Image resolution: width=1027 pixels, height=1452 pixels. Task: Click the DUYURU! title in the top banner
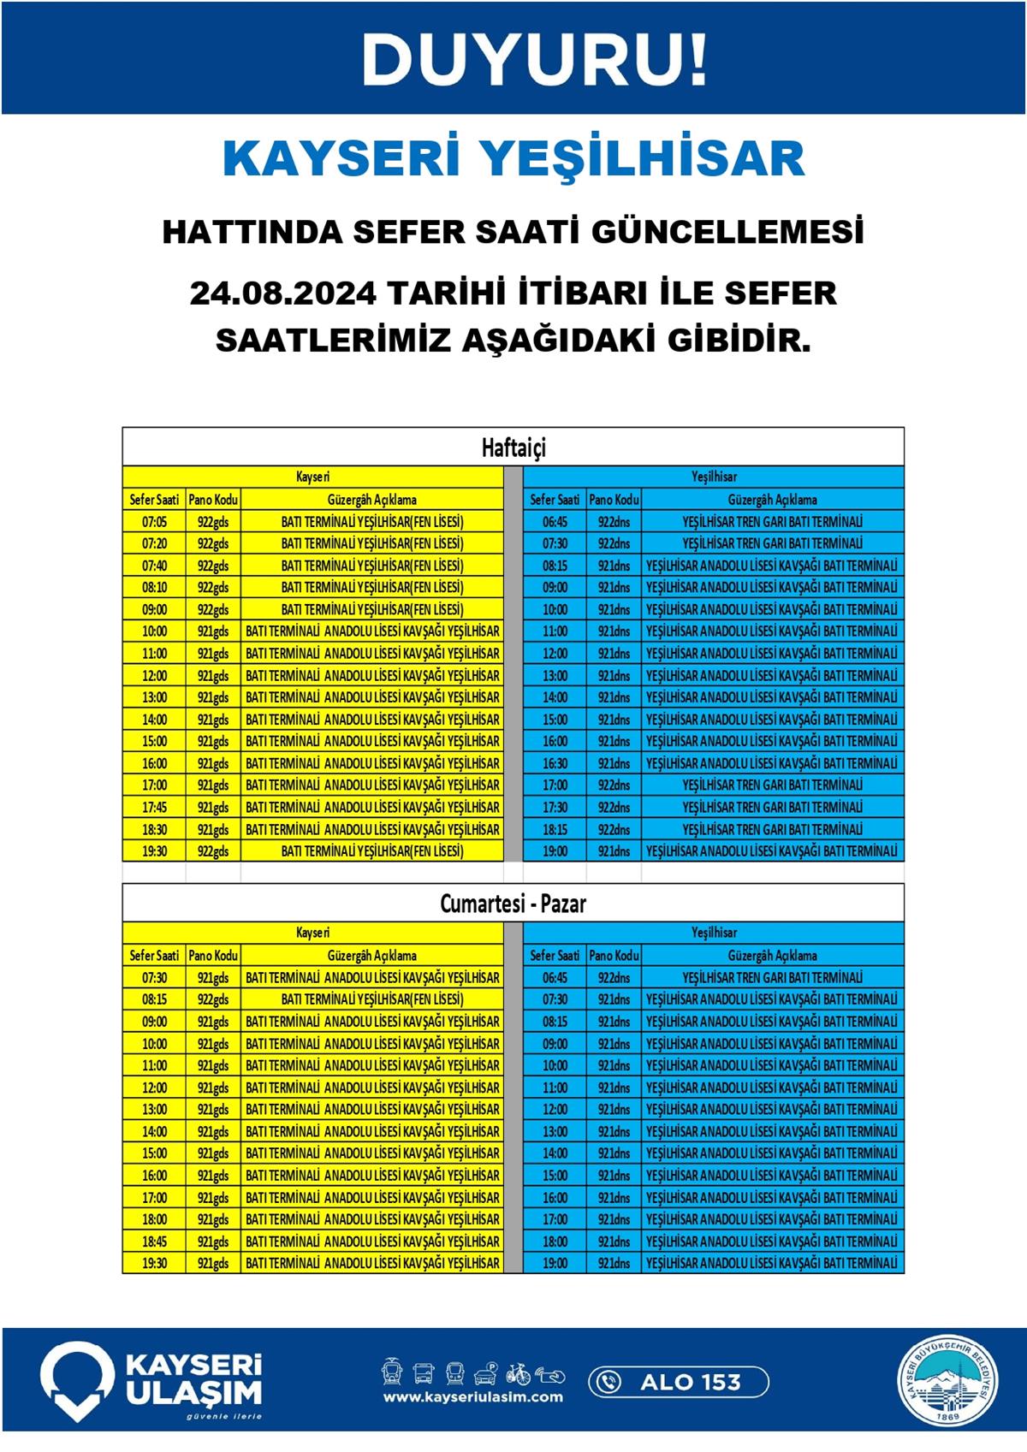tap(535, 61)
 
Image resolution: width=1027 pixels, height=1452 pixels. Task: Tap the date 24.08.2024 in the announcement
tap(283, 293)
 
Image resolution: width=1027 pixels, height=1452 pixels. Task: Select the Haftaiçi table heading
tap(513, 447)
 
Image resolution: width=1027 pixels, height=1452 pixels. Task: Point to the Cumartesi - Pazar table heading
tap(513, 904)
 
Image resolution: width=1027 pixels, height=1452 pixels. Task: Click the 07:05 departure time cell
tap(155, 522)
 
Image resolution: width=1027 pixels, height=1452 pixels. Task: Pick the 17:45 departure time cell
tap(155, 808)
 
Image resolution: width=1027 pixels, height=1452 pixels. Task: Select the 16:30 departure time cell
tap(555, 763)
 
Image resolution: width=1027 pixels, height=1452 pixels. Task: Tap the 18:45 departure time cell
tap(155, 1242)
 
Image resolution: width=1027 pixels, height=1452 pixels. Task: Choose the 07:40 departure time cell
tap(155, 566)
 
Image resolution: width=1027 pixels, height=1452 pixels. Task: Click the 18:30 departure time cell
tap(155, 829)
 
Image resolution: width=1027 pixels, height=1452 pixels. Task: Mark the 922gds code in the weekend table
tap(213, 999)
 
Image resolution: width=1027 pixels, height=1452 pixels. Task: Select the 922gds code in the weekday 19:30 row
tap(213, 851)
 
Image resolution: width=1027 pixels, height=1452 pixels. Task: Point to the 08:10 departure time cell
tap(155, 588)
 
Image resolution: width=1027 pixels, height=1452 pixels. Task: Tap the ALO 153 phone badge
tap(679, 1381)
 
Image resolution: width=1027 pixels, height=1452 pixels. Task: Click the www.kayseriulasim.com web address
tap(473, 1397)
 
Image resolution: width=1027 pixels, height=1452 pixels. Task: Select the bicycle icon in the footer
tap(518, 1373)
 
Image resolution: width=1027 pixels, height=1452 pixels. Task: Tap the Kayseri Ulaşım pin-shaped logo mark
tap(77, 1379)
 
